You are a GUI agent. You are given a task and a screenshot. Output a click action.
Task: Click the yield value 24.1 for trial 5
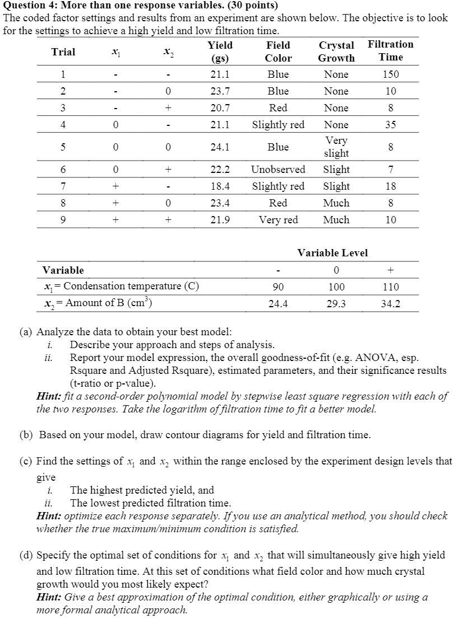pyautogui.click(x=220, y=147)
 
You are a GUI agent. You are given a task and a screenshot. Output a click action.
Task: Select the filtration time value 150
pyautogui.click(x=390, y=74)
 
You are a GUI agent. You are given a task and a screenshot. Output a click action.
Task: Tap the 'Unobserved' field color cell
pyautogui.click(x=278, y=170)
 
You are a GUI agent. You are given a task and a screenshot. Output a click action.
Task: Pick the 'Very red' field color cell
pyautogui.click(x=278, y=220)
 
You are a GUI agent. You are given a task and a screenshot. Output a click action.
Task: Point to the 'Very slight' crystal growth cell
pyautogui.click(x=336, y=147)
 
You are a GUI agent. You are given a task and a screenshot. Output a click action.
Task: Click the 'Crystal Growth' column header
pyautogui.click(x=336, y=51)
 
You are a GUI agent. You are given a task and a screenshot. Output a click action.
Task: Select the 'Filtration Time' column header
pyautogui.click(x=390, y=50)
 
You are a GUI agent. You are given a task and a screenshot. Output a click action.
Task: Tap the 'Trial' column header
pyautogui.click(x=63, y=52)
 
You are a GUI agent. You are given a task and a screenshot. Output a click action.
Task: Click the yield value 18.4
pyautogui.click(x=220, y=186)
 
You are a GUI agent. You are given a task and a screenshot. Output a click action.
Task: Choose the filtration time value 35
pyautogui.click(x=390, y=125)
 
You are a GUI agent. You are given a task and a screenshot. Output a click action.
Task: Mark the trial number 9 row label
pyautogui.click(x=63, y=220)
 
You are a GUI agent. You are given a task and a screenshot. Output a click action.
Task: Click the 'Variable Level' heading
pyautogui.click(x=332, y=253)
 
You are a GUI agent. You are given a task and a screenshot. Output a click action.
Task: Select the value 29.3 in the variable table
pyautogui.click(x=336, y=303)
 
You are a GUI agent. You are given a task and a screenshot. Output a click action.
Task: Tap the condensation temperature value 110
pyautogui.click(x=390, y=287)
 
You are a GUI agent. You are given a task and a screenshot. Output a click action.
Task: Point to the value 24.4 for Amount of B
pyautogui.click(x=278, y=303)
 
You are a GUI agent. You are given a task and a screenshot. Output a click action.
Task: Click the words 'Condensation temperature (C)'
pyautogui.click(x=132, y=287)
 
